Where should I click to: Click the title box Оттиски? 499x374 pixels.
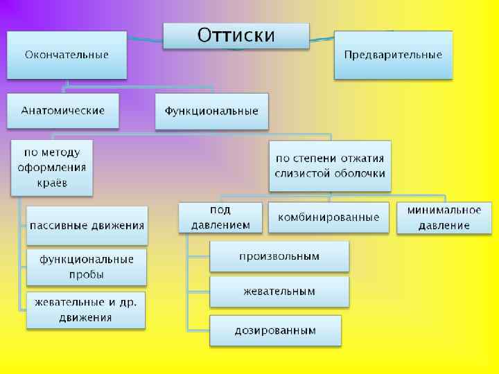[x=236, y=35]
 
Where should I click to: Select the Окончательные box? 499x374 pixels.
[x=67, y=55]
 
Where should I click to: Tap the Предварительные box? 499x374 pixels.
[x=393, y=55]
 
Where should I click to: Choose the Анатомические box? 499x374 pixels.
[x=63, y=111]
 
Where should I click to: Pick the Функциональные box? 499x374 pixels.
[x=211, y=112]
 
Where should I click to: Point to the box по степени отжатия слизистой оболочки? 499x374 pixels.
[x=330, y=166]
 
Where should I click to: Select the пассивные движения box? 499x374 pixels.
[x=87, y=225]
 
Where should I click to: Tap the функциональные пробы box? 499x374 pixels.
[x=87, y=267]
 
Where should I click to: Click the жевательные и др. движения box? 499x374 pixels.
[x=87, y=310]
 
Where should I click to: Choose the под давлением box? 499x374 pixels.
[x=220, y=217]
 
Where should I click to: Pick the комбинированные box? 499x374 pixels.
[x=329, y=217]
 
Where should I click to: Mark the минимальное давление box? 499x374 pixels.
[x=444, y=217]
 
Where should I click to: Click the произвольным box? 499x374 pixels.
[x=279, y=256]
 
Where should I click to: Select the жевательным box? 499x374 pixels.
[x=279, y=292]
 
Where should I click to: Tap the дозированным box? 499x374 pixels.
[x=276, y=330]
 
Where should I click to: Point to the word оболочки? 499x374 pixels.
[x=359, y=174]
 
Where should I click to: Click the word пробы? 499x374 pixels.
[x=87, y=274]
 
